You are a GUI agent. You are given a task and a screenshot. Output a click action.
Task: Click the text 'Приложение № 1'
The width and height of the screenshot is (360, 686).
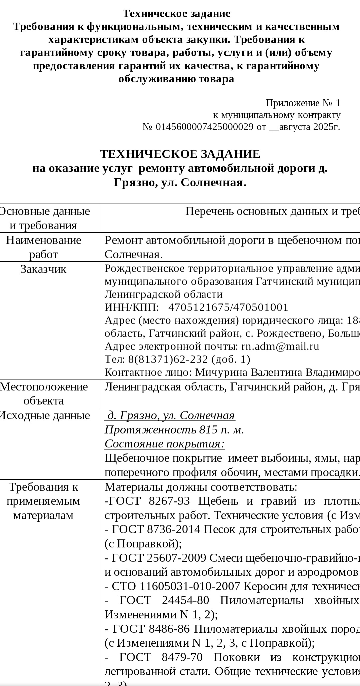(303, 103)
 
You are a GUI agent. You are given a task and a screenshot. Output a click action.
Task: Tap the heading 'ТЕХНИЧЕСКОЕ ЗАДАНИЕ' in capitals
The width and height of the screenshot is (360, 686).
(180, 154)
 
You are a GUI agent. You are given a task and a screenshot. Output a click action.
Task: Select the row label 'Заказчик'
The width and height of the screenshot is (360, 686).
(43, 269)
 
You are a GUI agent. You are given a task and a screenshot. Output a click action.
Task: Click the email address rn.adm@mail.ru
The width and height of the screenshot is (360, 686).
(280, 346)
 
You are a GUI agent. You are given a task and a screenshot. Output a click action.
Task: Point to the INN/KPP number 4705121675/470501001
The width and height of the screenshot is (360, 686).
(228, 307)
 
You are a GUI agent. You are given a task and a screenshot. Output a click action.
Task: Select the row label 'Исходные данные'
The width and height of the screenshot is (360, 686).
(44, 415)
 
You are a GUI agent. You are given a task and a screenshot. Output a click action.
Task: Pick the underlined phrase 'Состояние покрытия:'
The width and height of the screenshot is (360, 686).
(165, 444)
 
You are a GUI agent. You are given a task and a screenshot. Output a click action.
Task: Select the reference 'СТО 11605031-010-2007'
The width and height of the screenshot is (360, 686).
(176, 586)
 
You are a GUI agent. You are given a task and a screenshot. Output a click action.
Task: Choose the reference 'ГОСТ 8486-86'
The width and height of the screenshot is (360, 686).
(151, 629)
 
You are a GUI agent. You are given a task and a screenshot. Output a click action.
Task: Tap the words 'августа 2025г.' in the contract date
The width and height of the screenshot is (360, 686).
(309, 127)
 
